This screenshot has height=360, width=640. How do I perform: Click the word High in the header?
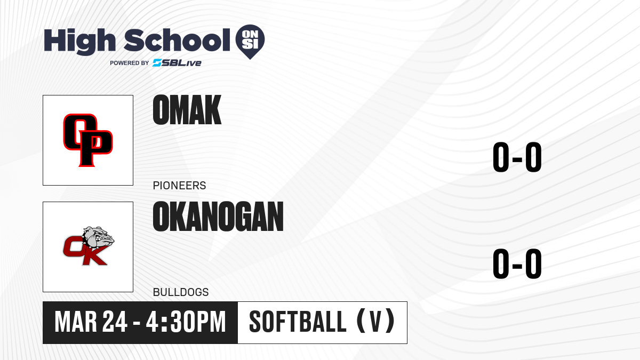(x=79, y=41)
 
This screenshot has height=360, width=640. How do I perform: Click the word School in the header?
(x=177, y=40)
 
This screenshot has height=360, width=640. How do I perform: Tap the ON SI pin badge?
(x=250, y=42)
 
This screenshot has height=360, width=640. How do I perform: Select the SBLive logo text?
(x=177, y=63)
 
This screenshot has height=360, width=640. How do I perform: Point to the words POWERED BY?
(x=130, y=63)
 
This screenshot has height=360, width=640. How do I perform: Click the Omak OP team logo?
(x=88, y=140)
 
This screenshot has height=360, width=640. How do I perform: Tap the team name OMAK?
(x=187, y=110)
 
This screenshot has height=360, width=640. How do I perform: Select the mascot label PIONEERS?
(x=179, y=186)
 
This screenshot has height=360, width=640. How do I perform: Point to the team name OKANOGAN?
(x=218, y=217)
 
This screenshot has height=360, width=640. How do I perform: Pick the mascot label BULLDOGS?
(x=181, y=292)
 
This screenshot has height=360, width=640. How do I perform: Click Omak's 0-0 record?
(x=517, y=157)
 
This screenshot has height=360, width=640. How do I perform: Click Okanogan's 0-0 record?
(x=517, y=263)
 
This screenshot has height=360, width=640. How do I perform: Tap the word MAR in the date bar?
(x=76, y=322)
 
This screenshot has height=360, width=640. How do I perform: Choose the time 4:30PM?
(x=186, y=322)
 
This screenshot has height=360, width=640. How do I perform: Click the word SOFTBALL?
(x=298, y=322)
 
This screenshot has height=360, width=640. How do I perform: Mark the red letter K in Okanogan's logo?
(x=92, y=255)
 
